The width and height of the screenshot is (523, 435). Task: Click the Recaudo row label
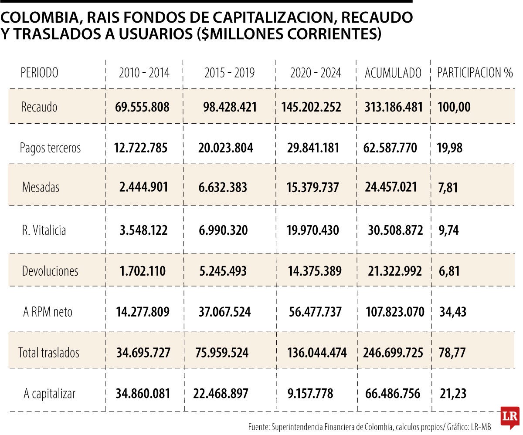pyautogui.click(x=39, y=107)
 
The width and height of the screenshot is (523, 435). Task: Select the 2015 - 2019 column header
pyautogui.click(x=229, y=73)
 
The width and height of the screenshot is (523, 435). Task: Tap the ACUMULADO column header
pyautogui.click(x=393, y=73)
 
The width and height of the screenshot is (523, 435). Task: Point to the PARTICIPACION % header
pyautogui.click(x=475, y=73)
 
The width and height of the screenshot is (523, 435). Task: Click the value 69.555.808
pyautogui.click(x=142, y=107)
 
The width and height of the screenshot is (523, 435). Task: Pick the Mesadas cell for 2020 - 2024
pyautogui.click(x=313, y=187)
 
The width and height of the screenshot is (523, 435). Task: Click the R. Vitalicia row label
pyautogui.click(x=44, y=230)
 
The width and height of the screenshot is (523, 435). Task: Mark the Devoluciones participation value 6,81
pyautogui.click(x=449, y=271)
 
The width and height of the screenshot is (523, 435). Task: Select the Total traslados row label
pyautogui.click(x=49, y=352)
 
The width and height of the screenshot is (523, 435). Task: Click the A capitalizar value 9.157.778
pyautogui.click(x=310, y=394)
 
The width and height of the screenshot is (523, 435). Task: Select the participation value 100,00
pyautogui.click(x=454, y=107)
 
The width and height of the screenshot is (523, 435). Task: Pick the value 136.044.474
pyautogui.click(x=317, y=352)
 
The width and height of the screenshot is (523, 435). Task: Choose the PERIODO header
pyautogui.click(x=39, y=73)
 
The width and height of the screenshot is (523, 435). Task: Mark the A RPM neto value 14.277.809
pyautogui.click(x=143, y=312)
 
